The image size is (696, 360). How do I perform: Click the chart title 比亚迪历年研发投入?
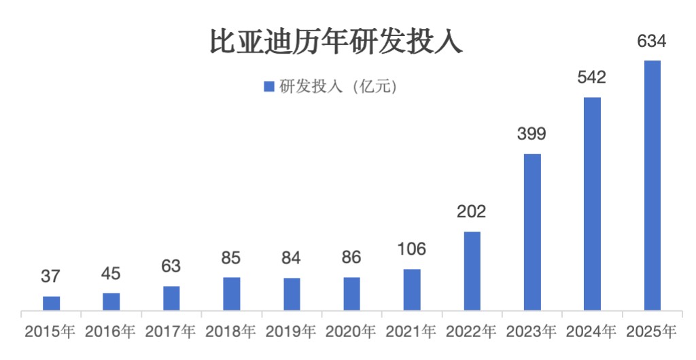click(x=336, y=42)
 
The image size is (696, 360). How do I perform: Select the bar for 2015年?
click(x=52, y=304)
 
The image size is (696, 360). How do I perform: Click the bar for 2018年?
click(x=232, y=294)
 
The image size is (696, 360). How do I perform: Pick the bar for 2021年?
click(x=412, y=290)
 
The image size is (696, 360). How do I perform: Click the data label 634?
click(x=652, y=41)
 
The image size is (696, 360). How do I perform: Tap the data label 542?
click(x=591, y=77)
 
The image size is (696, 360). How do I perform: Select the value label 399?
click(x=532, y=134)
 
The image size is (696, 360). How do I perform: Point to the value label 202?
click(x=472, y=212)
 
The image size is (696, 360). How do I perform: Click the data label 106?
click(x=412, y=249)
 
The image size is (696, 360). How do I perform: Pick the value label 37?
click(x=52, y=276)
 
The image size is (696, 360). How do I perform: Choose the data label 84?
click(x=292, y=258)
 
